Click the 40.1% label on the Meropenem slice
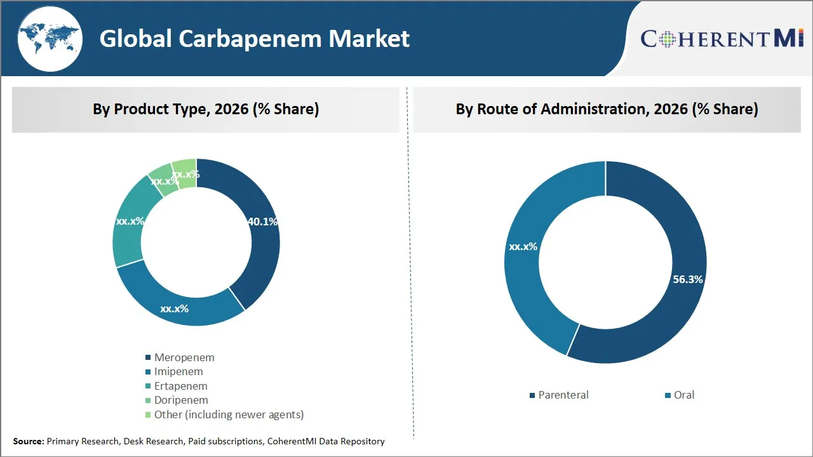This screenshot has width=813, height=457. tap(262, 222)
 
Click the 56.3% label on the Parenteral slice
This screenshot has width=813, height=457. tap(688, 279)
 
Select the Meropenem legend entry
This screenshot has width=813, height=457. tap(184, 357)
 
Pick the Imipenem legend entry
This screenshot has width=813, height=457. tap(178, 371)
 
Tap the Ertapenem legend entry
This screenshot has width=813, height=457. tap(180, 386)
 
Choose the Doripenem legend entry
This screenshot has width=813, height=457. tap(181, 400)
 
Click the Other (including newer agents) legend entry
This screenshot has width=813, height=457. tap(229, 414)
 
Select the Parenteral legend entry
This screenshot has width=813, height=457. tap(563, 395)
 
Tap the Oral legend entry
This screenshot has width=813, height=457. tap(683, 395)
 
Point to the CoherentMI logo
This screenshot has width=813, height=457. tap(722, 39)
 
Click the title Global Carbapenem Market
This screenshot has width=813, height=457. tap(254, 39)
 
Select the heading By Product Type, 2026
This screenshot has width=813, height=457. tap(206, 109)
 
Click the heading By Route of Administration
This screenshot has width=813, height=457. tap(607, 109)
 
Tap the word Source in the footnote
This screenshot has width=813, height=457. tap(28, 441)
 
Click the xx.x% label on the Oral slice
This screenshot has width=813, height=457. tap(523, 246)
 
